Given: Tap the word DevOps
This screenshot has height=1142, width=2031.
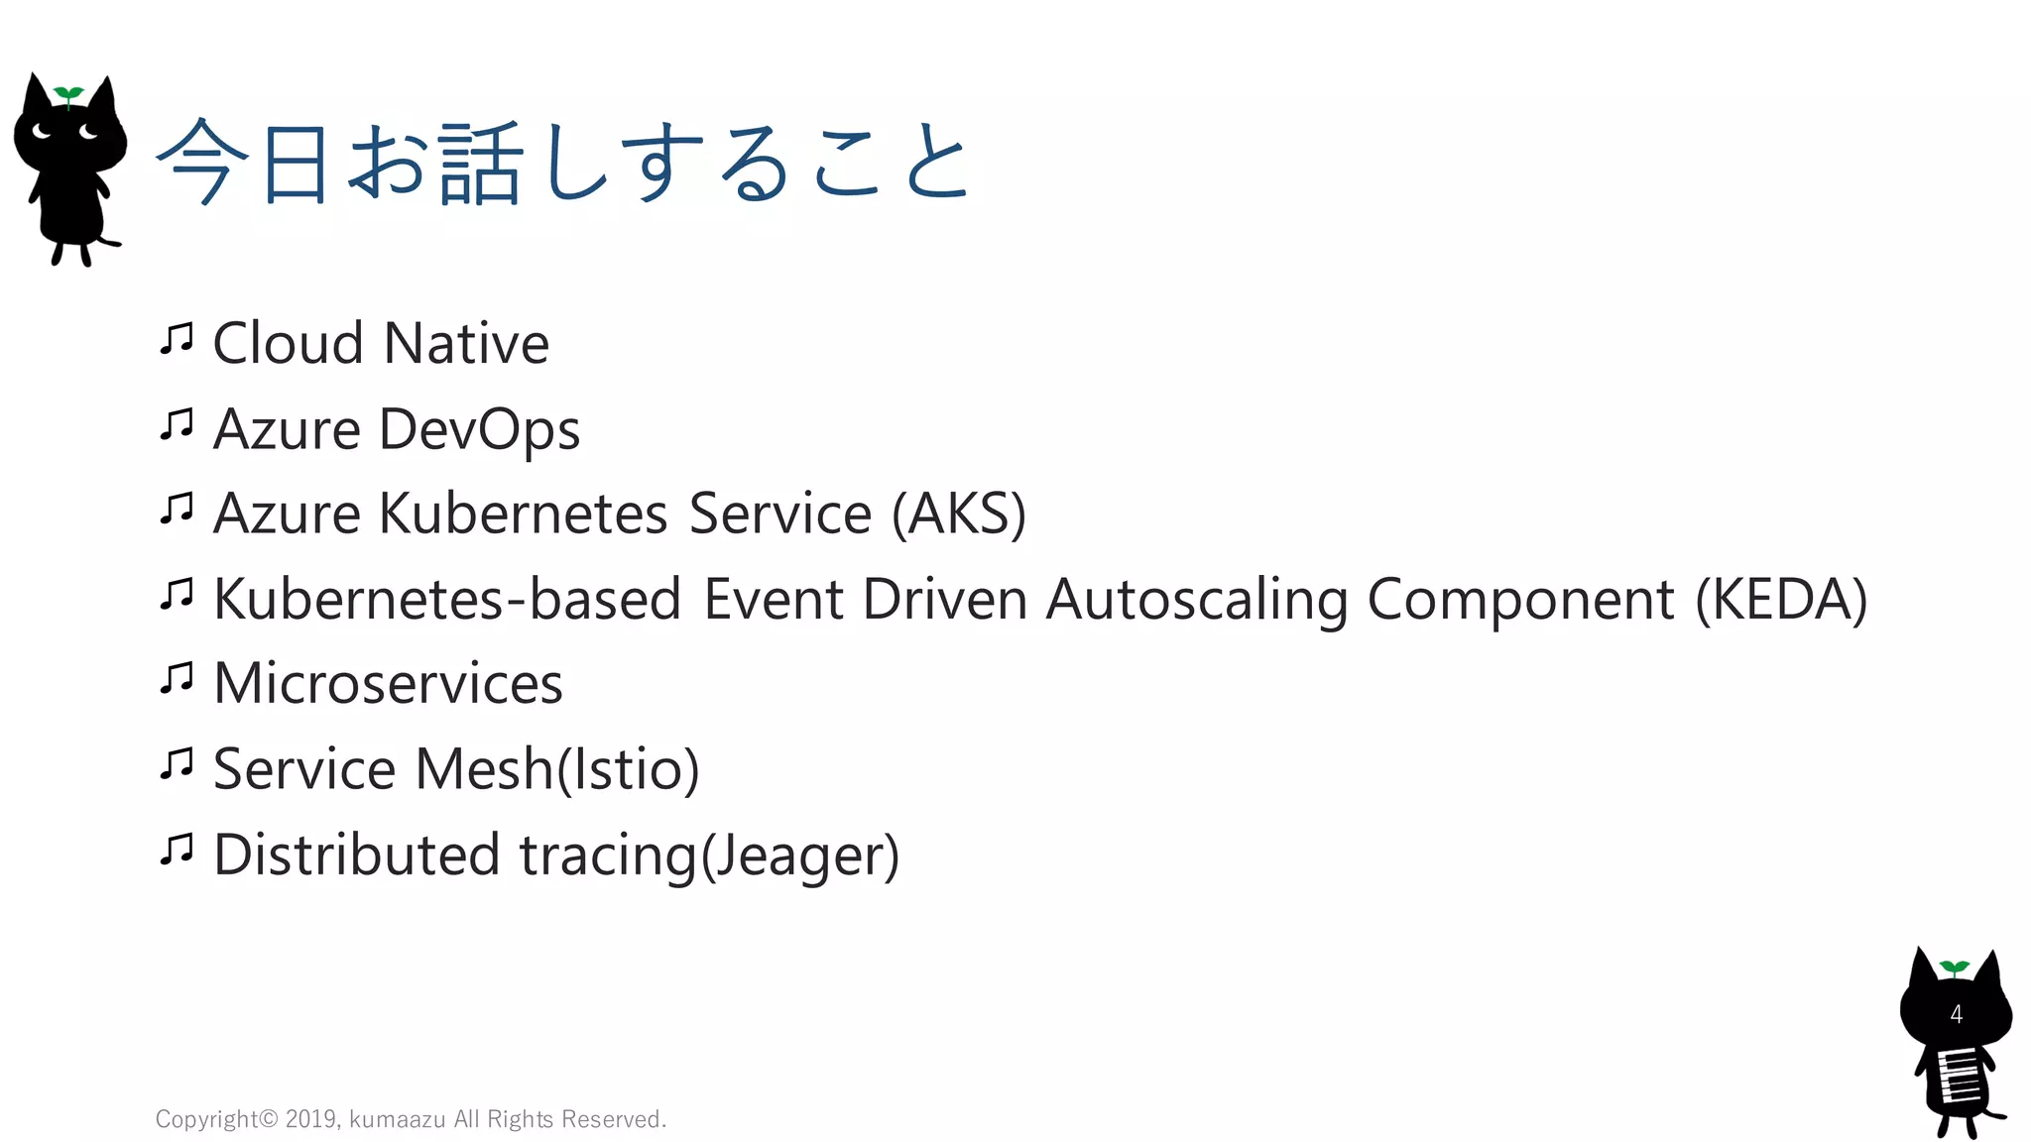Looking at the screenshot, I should click(x=479, y=430).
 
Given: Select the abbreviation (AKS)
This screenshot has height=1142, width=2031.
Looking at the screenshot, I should click(x=958, y=514).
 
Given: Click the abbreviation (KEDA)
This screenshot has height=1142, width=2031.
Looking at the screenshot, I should click(x=1781, y=600).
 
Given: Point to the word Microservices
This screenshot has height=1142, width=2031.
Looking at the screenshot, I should click(x=388, y=684).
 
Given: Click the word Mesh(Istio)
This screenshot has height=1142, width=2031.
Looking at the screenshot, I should click(x=556, y=769).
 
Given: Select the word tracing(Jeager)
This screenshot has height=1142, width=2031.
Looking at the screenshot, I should click(x=709, y=856).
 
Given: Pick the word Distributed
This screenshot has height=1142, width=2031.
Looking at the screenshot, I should click(x=356, y=855).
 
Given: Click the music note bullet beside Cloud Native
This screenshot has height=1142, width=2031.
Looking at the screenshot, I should click(x=177, y=340).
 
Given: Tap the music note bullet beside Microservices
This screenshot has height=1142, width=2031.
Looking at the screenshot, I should click(x=177, y=680).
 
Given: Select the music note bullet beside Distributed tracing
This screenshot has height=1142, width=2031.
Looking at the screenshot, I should click(x=177, y=851).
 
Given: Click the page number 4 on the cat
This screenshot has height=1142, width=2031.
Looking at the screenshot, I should click(x=1956, y=1014).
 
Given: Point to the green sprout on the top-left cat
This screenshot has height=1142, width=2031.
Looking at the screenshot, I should click(x=68, y=95).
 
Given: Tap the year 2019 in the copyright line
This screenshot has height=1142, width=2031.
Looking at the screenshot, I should click(x=311, y=1119).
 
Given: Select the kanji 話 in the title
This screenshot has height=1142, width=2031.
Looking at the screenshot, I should click(x=481, y=164).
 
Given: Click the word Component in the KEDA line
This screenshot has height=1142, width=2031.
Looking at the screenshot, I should click(x=1520, y=600).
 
